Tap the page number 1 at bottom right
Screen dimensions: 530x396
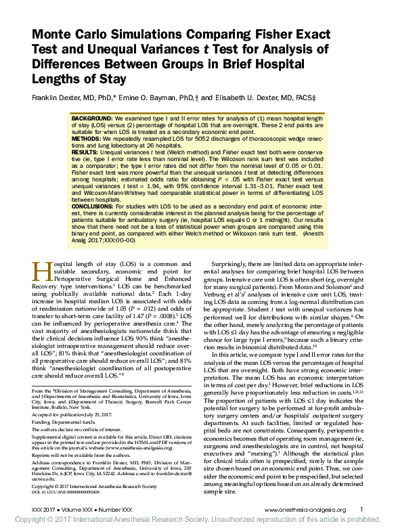click(361, 510)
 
